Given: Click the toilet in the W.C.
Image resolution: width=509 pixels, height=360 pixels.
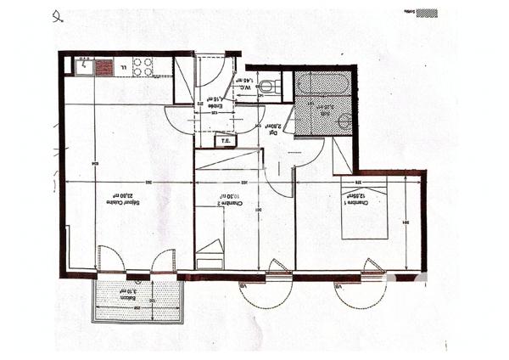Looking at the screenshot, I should click(267, 86).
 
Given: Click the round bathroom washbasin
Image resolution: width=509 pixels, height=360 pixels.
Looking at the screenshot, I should click(344, 121).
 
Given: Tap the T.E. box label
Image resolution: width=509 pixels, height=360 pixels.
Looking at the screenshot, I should click(225, 142).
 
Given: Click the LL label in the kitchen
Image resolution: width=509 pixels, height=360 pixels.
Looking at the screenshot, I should click(122, 66).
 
